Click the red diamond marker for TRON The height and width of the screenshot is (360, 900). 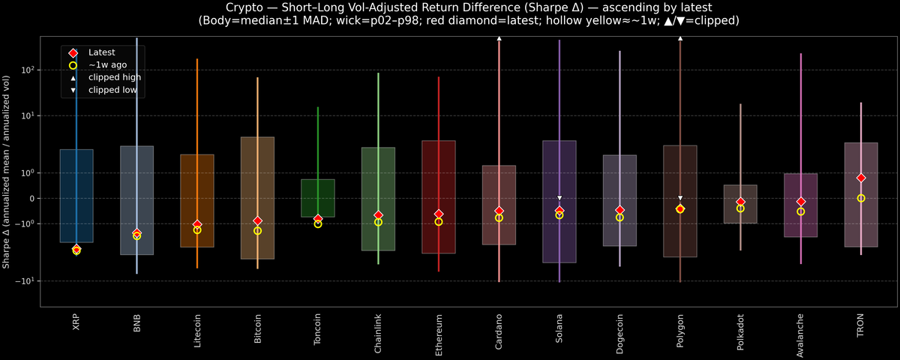tap(861, 178)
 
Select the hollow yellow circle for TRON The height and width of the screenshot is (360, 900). tap(861, 198)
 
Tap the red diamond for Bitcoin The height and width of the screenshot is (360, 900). tap(257, 221)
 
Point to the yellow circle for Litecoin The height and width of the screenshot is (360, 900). tap(197, 230)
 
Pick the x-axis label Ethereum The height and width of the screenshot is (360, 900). tap(438, 334)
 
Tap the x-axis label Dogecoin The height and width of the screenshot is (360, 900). tap(619, 334)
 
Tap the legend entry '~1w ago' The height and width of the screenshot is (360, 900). tap(107, 65)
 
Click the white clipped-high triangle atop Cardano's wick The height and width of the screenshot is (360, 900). tap(499, 37)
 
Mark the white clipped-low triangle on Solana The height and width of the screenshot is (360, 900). tap(559, 198)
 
